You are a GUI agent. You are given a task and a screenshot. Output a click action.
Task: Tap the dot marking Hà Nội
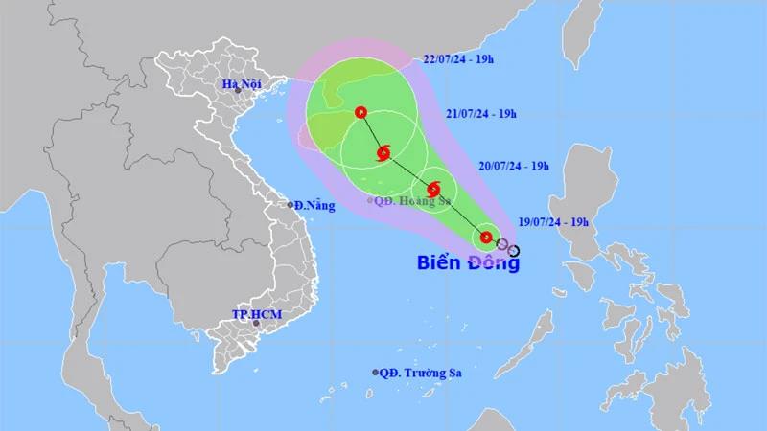[237, 92]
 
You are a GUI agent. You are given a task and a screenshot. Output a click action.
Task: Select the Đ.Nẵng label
[314, 205]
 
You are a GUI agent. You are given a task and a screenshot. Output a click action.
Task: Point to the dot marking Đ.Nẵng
[291, 205]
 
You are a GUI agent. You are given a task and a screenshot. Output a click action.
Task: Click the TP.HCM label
[255, 313]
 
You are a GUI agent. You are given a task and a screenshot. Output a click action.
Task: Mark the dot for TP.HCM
[255, 324]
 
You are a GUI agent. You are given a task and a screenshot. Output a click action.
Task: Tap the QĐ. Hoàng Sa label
[413, 201]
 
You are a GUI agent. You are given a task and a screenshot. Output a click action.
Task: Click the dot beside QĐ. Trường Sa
[375, 372]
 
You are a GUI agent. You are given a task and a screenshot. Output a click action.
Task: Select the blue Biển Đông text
[468, 262]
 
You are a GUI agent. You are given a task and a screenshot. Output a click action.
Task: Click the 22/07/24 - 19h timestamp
[459, 59]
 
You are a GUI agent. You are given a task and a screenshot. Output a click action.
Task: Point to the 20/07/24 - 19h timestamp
[514, 167]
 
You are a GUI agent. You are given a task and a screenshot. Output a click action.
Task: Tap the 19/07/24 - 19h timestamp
[553, 221]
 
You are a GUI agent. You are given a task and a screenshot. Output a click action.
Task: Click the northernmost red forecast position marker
[360, 112]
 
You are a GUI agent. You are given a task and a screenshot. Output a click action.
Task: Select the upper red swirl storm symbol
[383, 151]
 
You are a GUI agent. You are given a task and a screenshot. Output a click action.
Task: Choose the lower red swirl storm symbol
[433, 188]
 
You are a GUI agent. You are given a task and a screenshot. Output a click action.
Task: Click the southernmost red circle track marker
[486, 238]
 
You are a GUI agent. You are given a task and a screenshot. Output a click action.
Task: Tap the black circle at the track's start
[514, 252]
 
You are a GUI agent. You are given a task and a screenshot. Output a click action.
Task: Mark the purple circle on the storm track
[502, 245]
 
